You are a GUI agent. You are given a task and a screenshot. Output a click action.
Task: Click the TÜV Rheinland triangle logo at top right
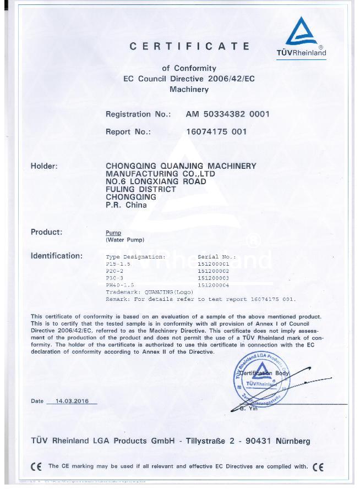point(301,32)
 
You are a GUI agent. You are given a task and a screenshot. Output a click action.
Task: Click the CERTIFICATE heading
point(189,46)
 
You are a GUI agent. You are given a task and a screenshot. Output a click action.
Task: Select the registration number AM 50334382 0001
point(228,114)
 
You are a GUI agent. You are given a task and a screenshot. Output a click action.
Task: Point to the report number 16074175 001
point(217,132)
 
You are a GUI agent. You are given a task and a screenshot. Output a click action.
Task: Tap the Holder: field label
point(44,166)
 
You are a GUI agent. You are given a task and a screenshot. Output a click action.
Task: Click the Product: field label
point(46,232)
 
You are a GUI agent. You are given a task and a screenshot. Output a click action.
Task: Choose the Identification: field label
point(57,256)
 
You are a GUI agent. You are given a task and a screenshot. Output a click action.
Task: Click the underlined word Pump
point(113,233)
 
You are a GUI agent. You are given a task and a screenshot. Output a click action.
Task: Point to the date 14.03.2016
point(72,401)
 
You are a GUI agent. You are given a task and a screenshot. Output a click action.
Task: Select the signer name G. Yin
point(249,408)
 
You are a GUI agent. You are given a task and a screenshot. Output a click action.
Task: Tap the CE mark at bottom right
point(318,467)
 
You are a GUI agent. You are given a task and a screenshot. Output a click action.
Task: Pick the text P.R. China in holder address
point(126,205)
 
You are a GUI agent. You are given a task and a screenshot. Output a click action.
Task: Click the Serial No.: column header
point(217,257)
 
